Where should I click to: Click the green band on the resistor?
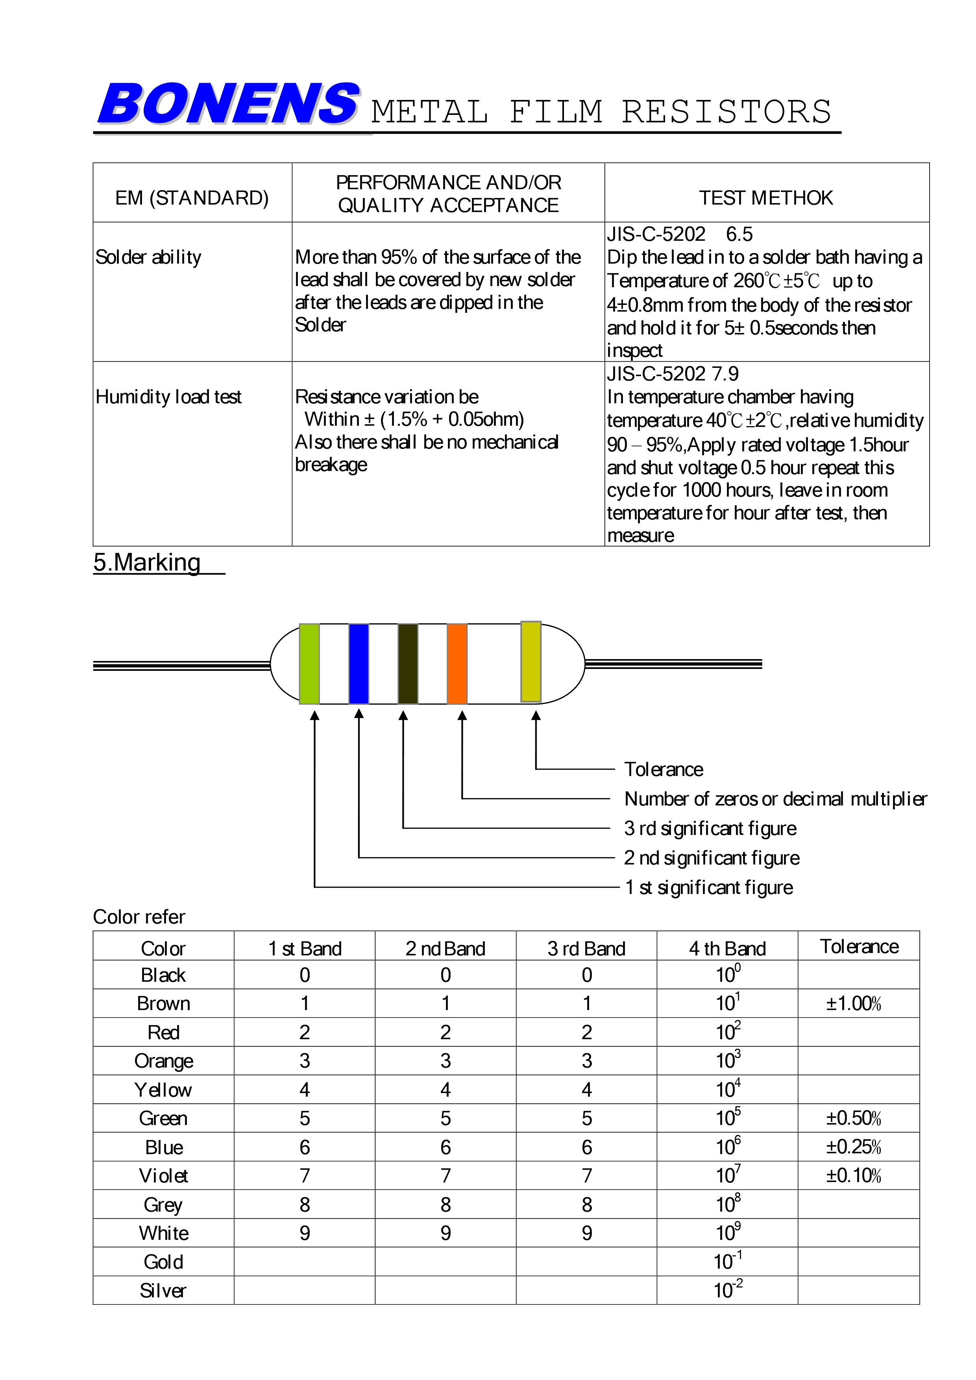pos(309,663)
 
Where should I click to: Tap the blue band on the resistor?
pos(359,663)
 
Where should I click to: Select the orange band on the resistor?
pos(457,663)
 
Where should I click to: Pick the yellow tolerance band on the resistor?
pos(531,661)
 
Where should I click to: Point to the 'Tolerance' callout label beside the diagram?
pos(664,769)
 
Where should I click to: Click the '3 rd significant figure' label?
pos(710,828)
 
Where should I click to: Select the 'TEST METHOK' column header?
pos(766,198)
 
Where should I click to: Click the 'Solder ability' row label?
pos(148,257)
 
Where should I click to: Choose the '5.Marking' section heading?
pos(147,563)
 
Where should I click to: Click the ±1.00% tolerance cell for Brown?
pos(853,1004)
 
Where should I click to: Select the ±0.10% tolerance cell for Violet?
pos(853,1176)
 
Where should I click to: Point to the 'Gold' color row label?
pos(163,1262)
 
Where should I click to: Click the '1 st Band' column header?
pos(305,948)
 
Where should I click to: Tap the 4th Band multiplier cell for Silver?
pos(727,1290)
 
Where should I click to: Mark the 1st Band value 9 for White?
pos(305,1233)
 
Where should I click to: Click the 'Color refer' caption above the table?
pos(139,917)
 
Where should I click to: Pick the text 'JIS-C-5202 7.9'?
pos(673,374)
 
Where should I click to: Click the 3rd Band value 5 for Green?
pos(586,1119)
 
